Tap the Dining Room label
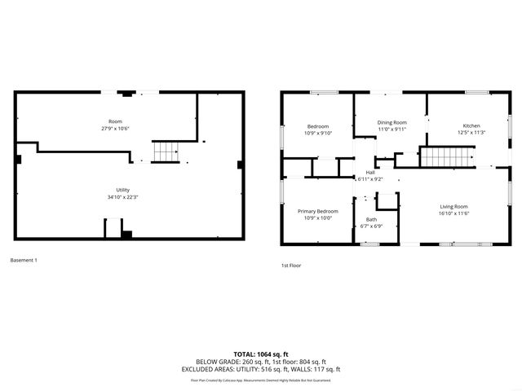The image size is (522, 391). pos(391,122)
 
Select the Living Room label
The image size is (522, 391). pos(455,207)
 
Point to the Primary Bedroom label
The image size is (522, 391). pos(317,211)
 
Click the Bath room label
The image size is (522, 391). pos(372,219)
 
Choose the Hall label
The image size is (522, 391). pos(370,173)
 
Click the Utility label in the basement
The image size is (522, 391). pos(123,190)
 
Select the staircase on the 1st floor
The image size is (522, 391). pos(447,156)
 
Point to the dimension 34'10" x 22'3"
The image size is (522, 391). pos(123,196)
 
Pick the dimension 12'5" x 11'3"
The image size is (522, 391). pos(471,133)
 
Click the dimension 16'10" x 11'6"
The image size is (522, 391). pos(455,213)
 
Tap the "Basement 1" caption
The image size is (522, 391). pos(24,261)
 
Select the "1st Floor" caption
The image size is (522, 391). pos(291,266)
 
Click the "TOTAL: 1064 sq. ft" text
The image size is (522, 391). pos(261,354)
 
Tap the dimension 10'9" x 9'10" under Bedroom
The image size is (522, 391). pos(318,133)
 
